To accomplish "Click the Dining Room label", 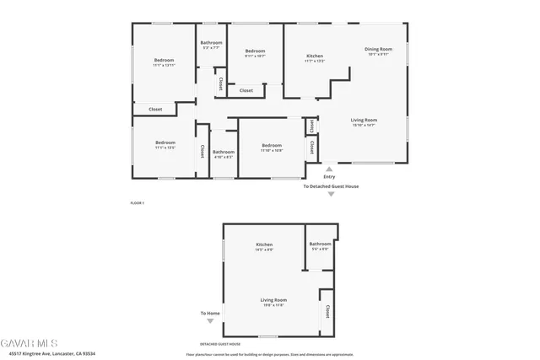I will pyautogui.click(x=378, y=50).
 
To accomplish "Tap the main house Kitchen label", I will pyautogui.click(x=314, y=56).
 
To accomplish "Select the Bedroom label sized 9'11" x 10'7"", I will pyautogui.click(x=255, y=51).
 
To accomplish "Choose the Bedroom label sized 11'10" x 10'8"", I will pyautogui.click(x=271, y=146).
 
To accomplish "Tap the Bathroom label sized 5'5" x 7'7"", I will pyautogui.click(x=211, y=43).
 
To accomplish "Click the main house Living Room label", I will pyautogui.click(x=364, y=121).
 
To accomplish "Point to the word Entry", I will pyautogui.click(x=329, y=177).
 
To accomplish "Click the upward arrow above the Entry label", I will pyautogui.click(x=329, y=169).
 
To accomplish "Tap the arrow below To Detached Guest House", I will pyautogui.click(x=331, y=195).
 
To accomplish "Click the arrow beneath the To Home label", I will pyautogui.click(x=210, y=321).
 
